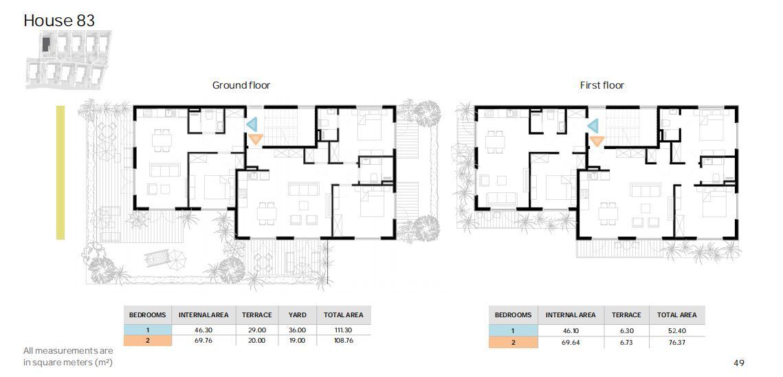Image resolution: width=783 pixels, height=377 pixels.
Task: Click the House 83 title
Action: pos(59,21)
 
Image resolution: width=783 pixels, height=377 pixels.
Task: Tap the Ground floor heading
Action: pos(241,85)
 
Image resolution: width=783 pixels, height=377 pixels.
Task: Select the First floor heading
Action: pos(602,85)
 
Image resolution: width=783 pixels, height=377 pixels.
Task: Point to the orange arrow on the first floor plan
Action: pos(597,141)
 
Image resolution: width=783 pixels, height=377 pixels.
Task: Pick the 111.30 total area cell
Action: pos(344,330)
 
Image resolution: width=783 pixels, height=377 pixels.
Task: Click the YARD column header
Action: pos(297,315)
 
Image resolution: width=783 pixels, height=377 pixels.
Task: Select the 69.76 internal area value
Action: pos(203,341)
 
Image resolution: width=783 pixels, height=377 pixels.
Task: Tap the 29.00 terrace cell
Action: pos(256,330)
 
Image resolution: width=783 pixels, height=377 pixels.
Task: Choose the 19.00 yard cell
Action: pos(297,341)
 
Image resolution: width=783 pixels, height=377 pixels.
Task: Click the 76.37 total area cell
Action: pos(676,343)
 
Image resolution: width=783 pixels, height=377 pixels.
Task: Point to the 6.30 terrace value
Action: pos(626,330)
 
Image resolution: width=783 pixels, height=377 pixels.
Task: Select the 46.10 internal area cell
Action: pos(571,330)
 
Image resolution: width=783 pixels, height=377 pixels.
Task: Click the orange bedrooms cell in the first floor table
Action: pos(514,343)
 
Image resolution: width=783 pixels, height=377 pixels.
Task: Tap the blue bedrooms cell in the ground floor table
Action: pos(147,330)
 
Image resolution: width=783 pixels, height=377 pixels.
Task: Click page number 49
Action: pos(738,363)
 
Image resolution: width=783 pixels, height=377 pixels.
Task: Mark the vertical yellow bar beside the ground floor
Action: pos(60,172)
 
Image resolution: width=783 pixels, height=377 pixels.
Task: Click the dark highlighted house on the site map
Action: pos(46,44)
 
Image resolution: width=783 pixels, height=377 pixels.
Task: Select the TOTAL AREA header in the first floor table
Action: pos(676,315)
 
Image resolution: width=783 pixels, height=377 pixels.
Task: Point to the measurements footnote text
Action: pos(69,356)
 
